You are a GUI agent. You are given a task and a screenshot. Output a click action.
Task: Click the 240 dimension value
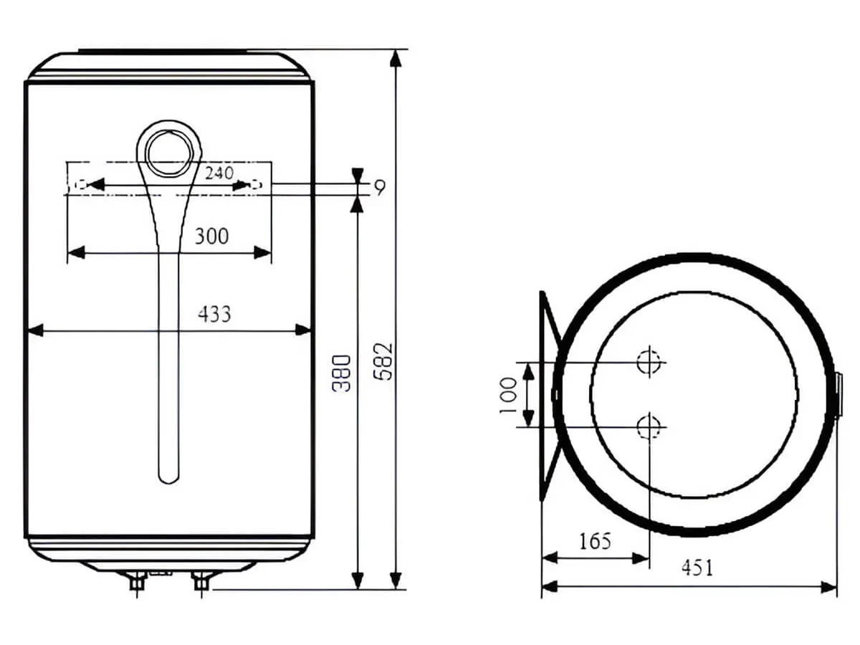[x=218, y=173]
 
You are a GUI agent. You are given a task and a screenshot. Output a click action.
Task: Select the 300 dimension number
[x=211, y=235]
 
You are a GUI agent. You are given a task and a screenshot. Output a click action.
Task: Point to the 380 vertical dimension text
[x=344, y=373]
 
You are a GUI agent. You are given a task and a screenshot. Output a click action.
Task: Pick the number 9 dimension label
[x=379, y=188]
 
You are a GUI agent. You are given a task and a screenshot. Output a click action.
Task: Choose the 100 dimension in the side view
[x=508, y=396]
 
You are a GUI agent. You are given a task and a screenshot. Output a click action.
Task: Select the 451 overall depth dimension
[x=697, y=568]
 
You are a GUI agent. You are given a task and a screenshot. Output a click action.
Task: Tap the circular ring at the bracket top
[x=170, y=156]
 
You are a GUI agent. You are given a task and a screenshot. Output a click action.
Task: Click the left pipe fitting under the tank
[x=136, y=581]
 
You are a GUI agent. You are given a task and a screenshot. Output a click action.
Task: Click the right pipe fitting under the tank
[x=201, y=580]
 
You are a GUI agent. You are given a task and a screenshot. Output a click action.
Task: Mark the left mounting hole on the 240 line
[x=81, y=185]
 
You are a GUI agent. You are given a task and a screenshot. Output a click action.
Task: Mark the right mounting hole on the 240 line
[x=255, y=185]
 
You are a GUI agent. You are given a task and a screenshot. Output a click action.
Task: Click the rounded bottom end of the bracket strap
[x=168, y=474]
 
